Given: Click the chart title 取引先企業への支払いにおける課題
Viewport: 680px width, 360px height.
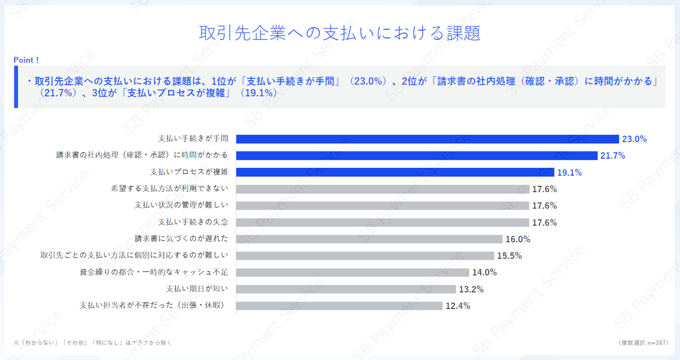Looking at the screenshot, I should [x=340, y=33].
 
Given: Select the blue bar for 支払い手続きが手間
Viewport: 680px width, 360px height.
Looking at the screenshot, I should [x=427, y=139].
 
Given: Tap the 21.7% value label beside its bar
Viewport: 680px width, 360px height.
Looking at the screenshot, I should [x=613, y=156].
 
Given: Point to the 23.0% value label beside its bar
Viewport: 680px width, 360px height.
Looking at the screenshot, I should [x=634, y=139].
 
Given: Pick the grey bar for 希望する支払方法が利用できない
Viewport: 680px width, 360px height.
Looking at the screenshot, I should [x=382, y=189].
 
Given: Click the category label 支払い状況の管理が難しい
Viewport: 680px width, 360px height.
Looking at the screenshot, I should [x=181, y=205].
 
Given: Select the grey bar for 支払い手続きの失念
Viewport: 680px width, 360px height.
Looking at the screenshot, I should [x=382, y=222].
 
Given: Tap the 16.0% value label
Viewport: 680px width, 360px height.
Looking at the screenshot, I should [x=518, y=239].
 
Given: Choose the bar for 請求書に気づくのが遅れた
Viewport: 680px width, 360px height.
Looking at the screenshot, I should [x=369, y=239].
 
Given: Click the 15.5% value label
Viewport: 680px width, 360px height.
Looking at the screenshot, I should [x=509, y=256].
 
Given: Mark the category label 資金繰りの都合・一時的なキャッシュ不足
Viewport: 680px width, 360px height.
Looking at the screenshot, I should [x=154, y=272].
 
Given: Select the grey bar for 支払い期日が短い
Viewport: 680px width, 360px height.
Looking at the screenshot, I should [x=346, y=289].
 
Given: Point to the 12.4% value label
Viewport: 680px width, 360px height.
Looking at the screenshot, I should [x=458, y=306].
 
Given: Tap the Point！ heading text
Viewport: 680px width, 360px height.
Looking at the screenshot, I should [x=26, y=60].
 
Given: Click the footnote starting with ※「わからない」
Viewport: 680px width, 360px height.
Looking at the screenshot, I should [x=92, y=342].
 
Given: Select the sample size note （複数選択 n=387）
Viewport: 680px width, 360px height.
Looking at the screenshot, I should [x=643, y=342].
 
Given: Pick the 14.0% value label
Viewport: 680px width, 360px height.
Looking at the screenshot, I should [x=484, y=272].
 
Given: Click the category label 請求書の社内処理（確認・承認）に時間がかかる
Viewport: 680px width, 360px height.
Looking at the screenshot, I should [x=142, y=156].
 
